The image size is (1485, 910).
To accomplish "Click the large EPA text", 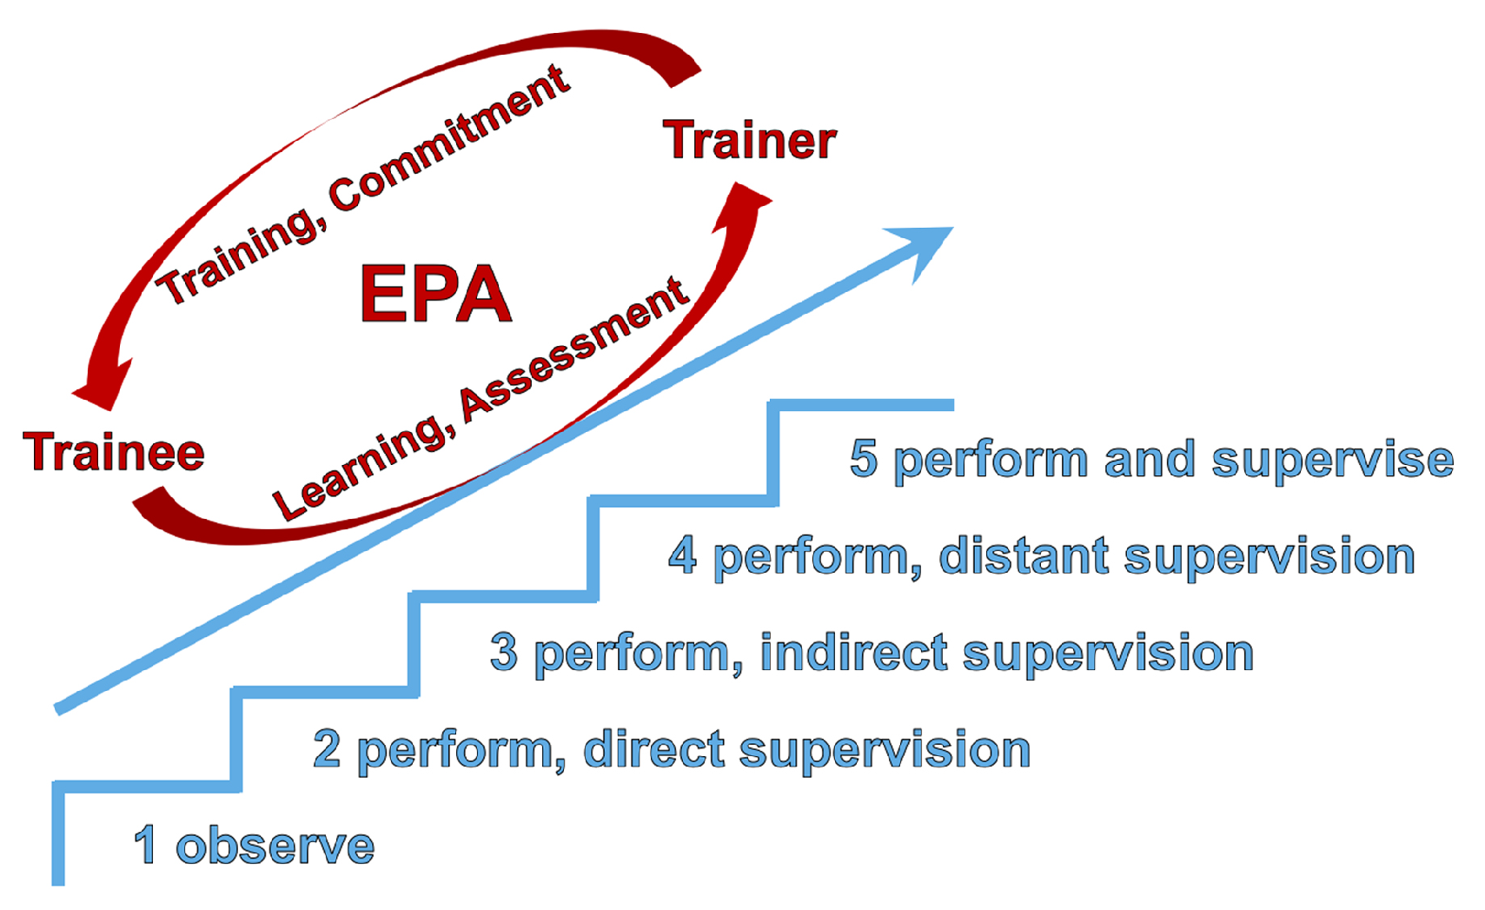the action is [x=435, y=294].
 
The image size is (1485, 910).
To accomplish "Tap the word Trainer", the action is [x=749, y=140].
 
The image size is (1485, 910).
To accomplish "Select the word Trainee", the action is [x=114, y=452].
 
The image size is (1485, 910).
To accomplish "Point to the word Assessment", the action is [x=574, y=349].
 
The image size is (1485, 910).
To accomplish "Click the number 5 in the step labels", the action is [x=863, y=458].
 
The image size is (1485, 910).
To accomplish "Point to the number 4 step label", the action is [x=682, y=555].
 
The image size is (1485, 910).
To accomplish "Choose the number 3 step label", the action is [x=504, y=652].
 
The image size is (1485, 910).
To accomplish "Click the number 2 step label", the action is [x=327, y=748].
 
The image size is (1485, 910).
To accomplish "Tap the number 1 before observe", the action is [x=146, y=846].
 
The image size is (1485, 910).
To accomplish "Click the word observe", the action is [x=275, y=846].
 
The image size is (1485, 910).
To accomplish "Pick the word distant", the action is [x=1023, y=555].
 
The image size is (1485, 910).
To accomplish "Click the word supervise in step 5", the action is [x=1332, y=460].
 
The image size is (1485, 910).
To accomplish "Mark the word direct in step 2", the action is [x=653, y=748].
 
